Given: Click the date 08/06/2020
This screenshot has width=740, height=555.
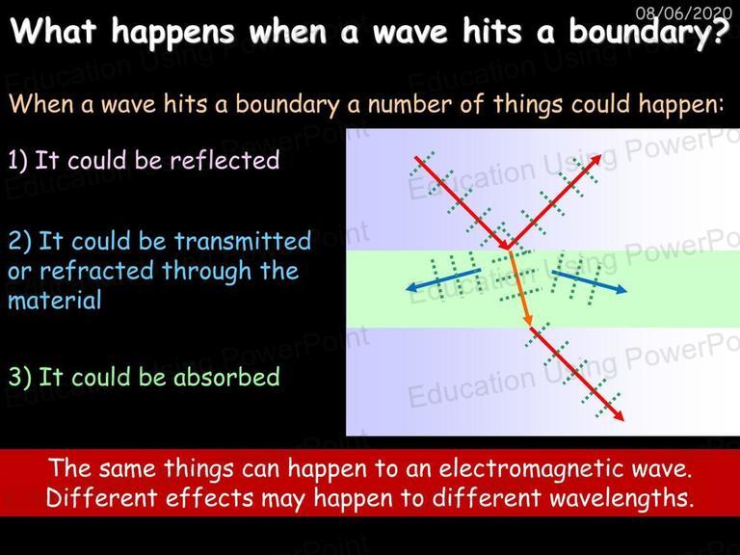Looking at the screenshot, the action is coord(683,12).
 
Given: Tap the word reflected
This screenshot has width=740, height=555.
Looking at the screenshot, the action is coord(225,160).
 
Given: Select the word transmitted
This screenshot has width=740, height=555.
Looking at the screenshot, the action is coord(243,241).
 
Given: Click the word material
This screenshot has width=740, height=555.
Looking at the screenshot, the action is coord(55,301).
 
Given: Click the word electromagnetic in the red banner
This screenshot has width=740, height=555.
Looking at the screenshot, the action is coord(540,468).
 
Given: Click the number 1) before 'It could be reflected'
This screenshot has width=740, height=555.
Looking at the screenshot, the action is coord(17,161).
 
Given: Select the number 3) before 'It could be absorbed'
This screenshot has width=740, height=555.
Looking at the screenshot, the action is coord(20,377).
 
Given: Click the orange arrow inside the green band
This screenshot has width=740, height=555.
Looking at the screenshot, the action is coord(519,288).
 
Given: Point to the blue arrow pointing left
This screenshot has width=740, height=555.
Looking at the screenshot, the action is coord(443,278).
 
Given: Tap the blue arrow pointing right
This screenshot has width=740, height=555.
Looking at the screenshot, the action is coord(590,281).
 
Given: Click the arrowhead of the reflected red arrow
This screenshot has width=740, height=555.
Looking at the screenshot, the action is coord(596,160).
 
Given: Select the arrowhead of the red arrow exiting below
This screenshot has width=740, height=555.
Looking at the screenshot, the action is coord(619,415).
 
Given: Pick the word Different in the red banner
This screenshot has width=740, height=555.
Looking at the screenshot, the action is coord(101,498).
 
